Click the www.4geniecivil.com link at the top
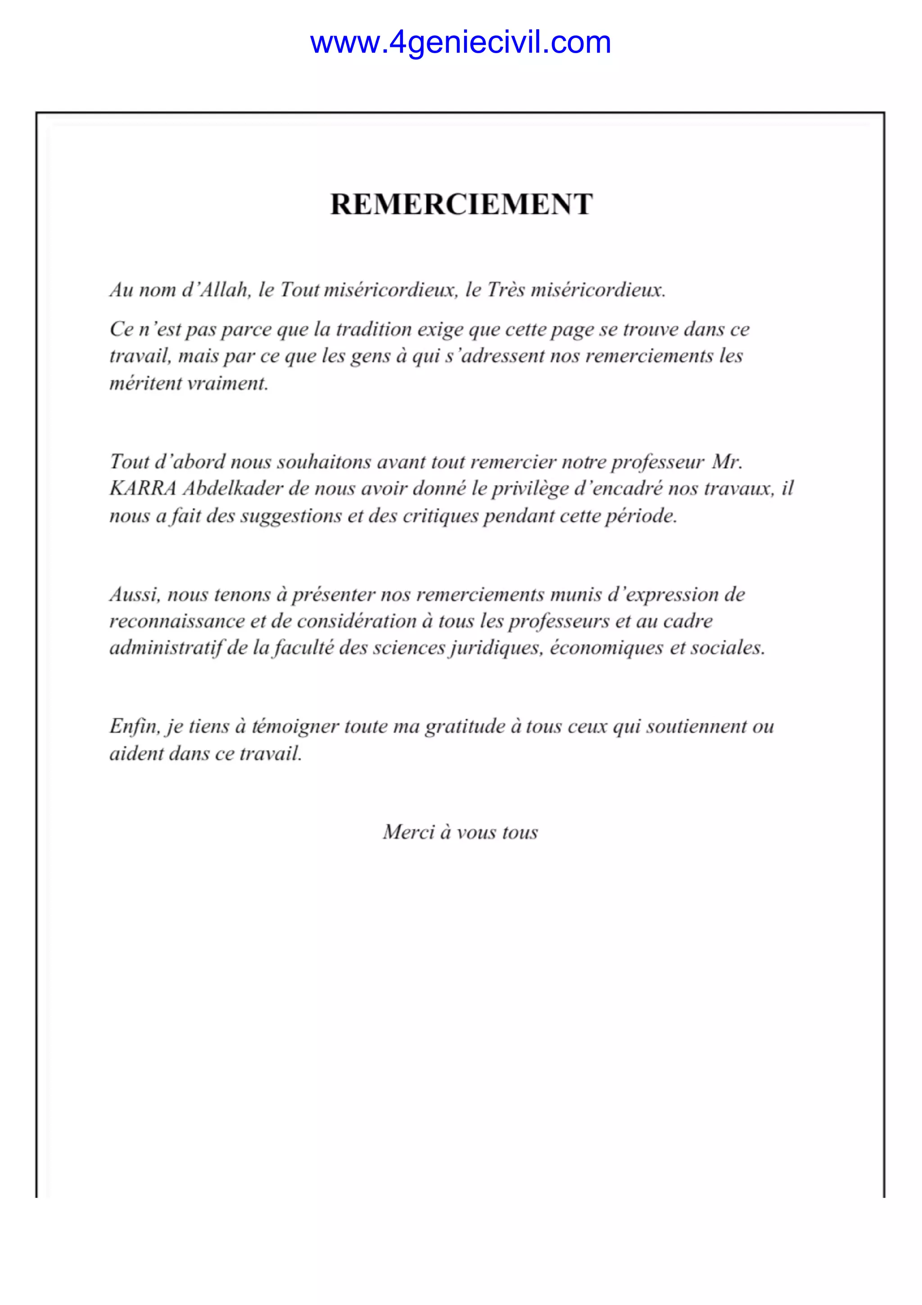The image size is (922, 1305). tap(460, 43)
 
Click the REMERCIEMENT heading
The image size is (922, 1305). tap(461, 204)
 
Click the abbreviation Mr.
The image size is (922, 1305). tap(727, 462)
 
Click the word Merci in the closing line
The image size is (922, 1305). tap(408, 832)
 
